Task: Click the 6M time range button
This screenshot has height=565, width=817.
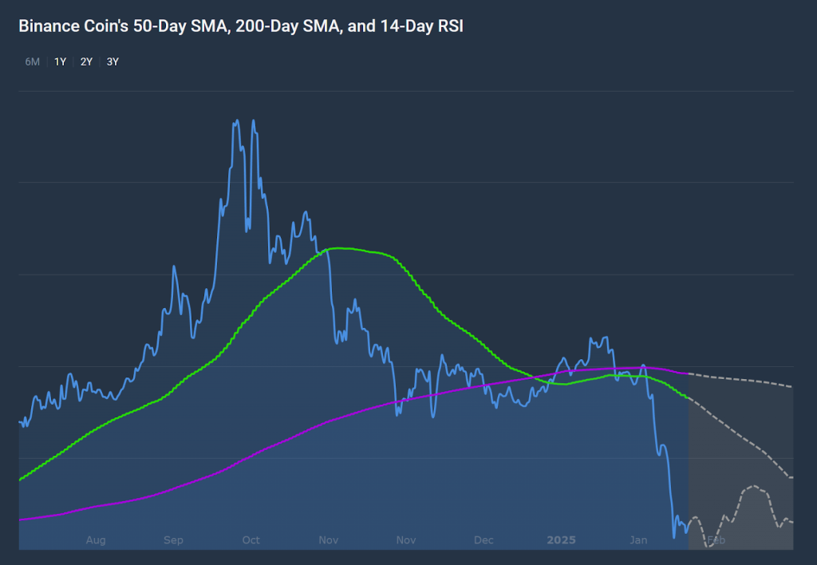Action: click(x=32, y=61)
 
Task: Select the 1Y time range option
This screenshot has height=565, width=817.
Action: click(x=60, y=61)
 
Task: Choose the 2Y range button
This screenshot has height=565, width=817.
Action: click(x=86, y=61)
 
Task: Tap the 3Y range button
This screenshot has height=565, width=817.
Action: click(x=112, y=61)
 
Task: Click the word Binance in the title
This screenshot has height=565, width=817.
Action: click(x=49, y=26)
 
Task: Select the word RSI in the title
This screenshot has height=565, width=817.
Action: click(x=449, y=26)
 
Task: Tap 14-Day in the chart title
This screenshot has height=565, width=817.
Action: click(x=396, y=26)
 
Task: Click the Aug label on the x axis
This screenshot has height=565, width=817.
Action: click(x=96, y=540)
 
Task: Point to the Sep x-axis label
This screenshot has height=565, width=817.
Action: click(x=173, y=540)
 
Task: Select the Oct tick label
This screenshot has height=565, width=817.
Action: click(x=251, y=540)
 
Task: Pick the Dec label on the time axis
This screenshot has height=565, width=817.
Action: click(x=483, y=540)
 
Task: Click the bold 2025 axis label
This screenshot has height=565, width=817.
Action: click(x=561, y=540)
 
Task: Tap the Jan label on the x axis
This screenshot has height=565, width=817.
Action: click(x=638, y=540)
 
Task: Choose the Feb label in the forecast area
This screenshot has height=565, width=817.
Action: click(x=716, y=540)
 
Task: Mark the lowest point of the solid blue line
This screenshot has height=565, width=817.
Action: click(x=675, y=537)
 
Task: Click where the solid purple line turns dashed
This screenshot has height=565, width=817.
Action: click(x=688, y=373)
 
